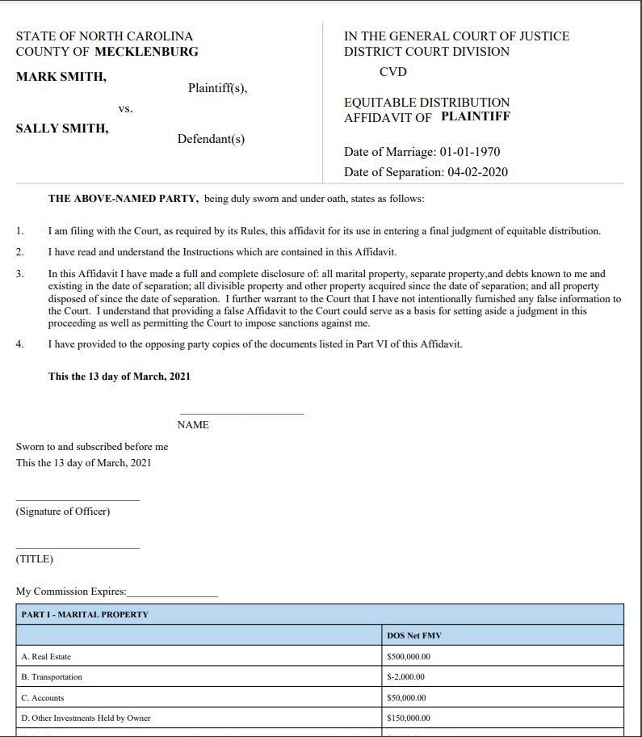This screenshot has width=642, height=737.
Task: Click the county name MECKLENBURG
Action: point(146,52)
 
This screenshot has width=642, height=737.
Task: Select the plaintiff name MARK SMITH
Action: point(61,77)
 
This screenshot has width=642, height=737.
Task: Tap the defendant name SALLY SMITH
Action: point(62,128)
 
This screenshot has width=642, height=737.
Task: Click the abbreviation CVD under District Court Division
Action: point(392,72)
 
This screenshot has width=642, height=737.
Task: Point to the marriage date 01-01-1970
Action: point(470,152)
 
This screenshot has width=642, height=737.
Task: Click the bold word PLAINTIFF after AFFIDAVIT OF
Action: point(476,117)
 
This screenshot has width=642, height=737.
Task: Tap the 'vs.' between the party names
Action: point(125,108)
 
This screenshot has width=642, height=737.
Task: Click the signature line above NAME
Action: point(241,413)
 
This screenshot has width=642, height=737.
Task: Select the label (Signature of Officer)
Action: point(63,512)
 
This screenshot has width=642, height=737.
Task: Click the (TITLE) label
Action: point(35,559)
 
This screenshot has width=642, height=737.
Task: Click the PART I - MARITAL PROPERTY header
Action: point(85,614)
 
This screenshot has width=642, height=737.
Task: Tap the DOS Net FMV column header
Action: point(414,635)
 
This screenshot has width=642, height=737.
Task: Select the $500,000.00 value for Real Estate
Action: point(409,656)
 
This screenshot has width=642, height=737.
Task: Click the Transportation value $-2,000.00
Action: point(406,677)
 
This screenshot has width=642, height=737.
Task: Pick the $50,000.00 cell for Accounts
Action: point(407,698)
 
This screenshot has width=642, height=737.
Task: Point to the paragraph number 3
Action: point(20,274)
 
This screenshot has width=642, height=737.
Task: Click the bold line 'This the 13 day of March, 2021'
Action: point(120,377)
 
